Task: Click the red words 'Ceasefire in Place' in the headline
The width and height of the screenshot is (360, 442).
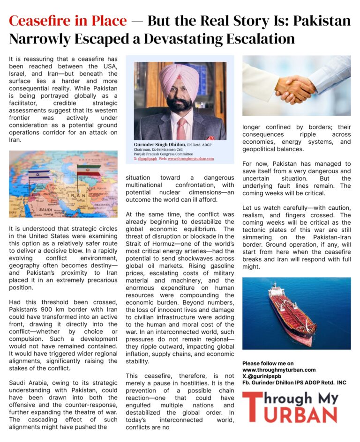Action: point(67,21)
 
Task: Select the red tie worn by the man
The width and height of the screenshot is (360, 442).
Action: point(182,127)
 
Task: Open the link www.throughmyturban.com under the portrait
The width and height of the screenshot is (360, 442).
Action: point(191,159)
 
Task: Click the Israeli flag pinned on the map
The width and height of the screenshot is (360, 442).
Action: point(39,175)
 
